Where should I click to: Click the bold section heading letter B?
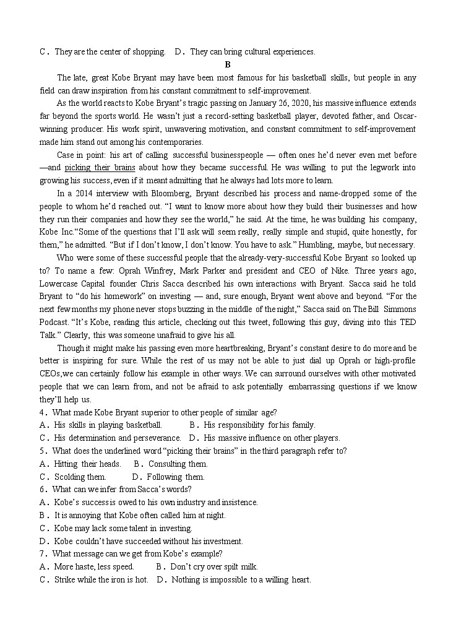click(x=228, y=65)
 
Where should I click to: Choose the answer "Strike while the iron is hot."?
click(x=101, y=580)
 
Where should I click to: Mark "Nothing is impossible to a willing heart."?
click(x=241, y=580)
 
